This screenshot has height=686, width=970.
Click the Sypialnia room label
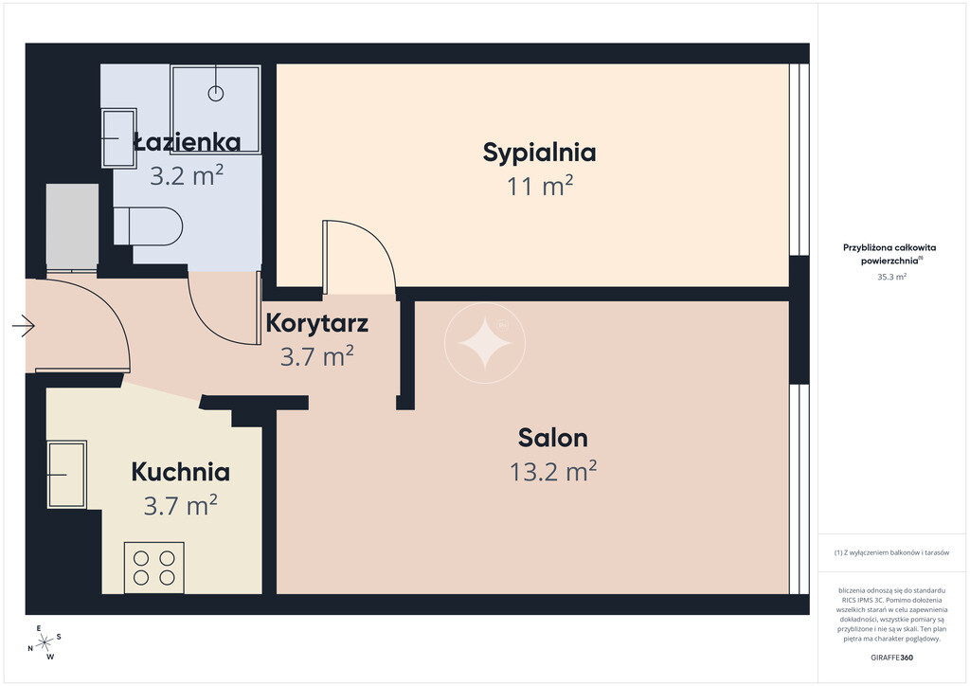tap(539, 153)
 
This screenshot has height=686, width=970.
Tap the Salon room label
tap(553, 438)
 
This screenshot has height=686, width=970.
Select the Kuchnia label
tap(181, 472)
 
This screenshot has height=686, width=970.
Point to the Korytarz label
tap(316, 323)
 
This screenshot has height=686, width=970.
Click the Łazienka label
tap(187, 142)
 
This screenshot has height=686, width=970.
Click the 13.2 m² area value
tap(553, 471)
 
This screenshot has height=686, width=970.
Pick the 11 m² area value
tap(539, 187)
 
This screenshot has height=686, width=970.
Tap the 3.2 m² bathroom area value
tap(187, 175)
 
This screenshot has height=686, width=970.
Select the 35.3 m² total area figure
tap(891, 277)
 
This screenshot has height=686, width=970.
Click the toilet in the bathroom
tap(149, 226)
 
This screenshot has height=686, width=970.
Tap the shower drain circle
tap(215, 94)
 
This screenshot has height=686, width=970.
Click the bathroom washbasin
tap(118, 138)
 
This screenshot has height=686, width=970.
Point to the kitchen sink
tap(66, 475)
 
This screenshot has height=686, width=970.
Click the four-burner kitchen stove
tap(154, 568)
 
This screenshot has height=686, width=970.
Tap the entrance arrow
tap(24, 325)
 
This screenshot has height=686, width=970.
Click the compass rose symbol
tap(45, 643)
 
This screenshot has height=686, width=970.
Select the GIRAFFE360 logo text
tap(891, 658)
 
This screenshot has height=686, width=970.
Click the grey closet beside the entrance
tap(72, 226)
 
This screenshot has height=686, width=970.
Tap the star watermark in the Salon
tap(485, 343)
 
